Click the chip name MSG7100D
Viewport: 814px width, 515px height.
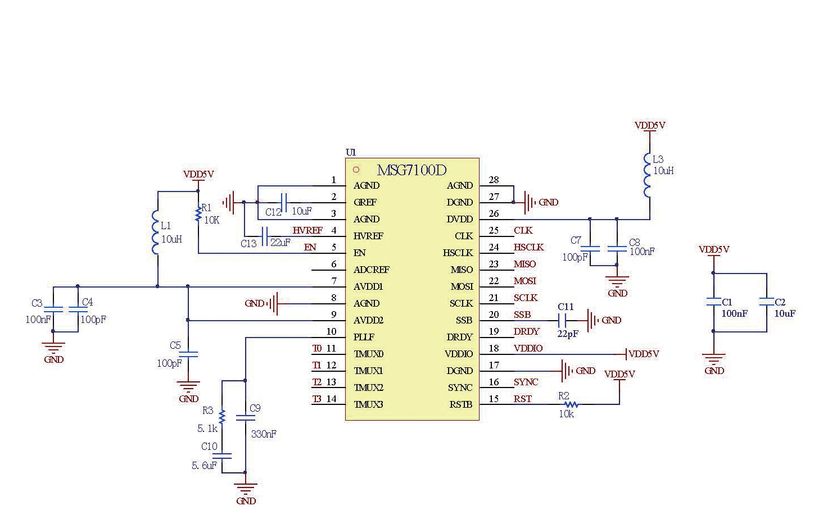click(x=411, y=170)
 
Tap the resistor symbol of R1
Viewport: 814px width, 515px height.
click(x=198, y=214)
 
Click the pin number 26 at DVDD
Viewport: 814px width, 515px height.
click(x=494, y=213)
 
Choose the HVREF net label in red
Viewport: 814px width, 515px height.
click(x=307, y=230)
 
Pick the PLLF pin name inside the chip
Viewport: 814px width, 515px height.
click(x=364, y=337)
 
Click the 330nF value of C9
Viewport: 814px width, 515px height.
click(x=263, y=434)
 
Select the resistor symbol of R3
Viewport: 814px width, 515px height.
click(x=222, y=416)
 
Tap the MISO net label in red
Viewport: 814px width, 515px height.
click(x=524, y=264)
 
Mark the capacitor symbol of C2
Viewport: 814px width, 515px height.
click(x=767, y=302)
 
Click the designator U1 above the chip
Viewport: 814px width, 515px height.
click(x=351, y=152)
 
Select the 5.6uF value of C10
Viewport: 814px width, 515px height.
click(x=204, y=466)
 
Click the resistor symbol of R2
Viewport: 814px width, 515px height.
click(x=571, y=404)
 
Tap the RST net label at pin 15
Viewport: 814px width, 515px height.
click(x=523, y=399)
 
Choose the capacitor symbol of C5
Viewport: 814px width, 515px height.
click(x=188, y=354)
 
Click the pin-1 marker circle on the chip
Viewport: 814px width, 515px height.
click(x=356, y=170)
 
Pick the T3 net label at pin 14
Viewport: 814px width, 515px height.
click(x=317, y=399)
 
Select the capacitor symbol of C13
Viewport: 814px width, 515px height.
click(x=265, y=235)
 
